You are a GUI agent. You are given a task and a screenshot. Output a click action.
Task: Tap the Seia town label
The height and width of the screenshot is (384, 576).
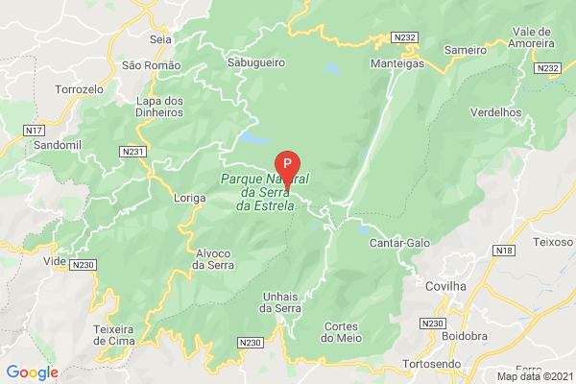(x=159, y=40)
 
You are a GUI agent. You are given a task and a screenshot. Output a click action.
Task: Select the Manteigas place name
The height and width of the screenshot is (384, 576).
(x=396, y=64)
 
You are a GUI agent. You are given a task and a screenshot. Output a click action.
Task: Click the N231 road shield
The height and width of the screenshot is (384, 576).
(x=133, y=152)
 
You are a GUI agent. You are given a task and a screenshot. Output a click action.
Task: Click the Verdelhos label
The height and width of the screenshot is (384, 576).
(x=496, y=112)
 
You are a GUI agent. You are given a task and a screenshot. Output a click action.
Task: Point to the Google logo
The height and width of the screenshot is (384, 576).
(x=32, y=372)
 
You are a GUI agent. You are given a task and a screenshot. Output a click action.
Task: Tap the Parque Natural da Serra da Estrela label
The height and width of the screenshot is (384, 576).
(x=271, y=192)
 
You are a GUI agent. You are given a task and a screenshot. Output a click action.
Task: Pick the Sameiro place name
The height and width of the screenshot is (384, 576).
(x=467, y=48)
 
